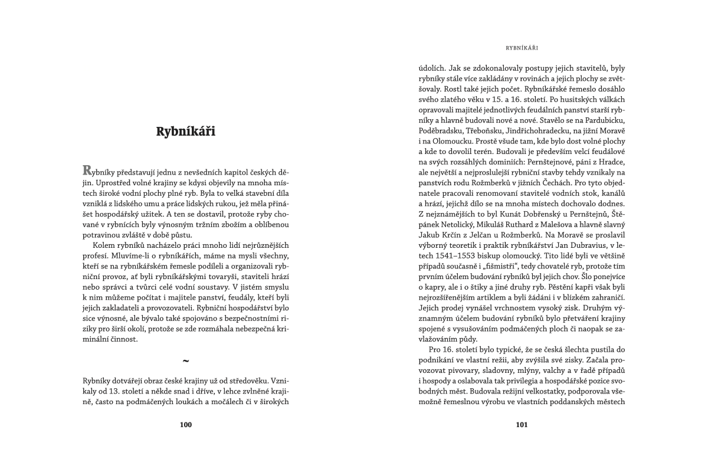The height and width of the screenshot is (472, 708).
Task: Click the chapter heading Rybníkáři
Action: tap(186, 131)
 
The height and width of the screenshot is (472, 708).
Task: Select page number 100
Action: tap(186, 424)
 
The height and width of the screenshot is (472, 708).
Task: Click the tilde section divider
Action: tap(186, 360)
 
